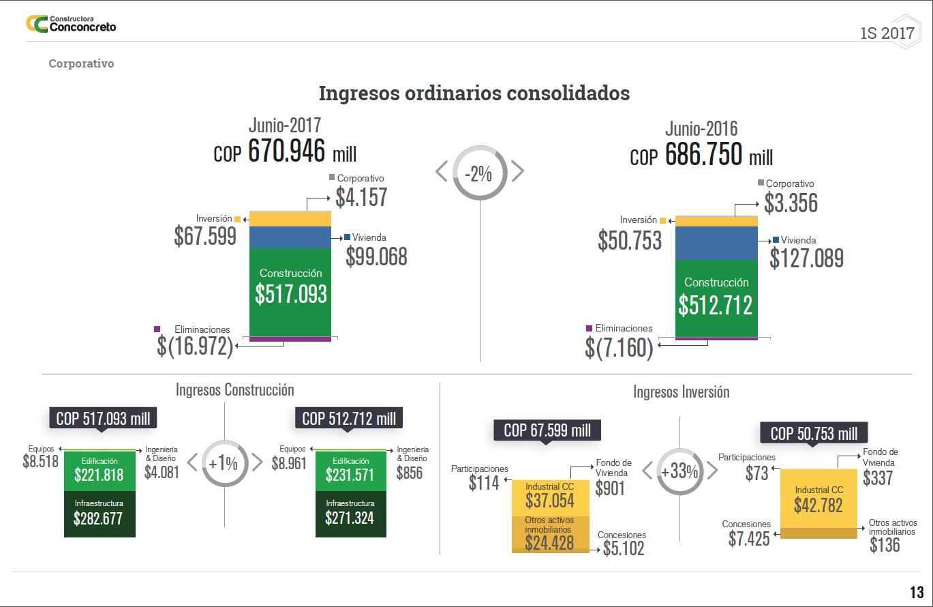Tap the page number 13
916,591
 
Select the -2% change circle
480,173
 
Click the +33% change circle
679,471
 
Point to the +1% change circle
224,463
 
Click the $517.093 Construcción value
291,293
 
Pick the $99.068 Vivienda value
376,256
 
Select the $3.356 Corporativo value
791,203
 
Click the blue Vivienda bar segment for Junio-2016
716,243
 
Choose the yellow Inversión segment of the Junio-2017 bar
290,218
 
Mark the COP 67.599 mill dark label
547,430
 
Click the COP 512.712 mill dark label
349,418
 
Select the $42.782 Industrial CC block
819,499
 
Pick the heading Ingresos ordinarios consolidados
474,93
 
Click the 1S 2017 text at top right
887,33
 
